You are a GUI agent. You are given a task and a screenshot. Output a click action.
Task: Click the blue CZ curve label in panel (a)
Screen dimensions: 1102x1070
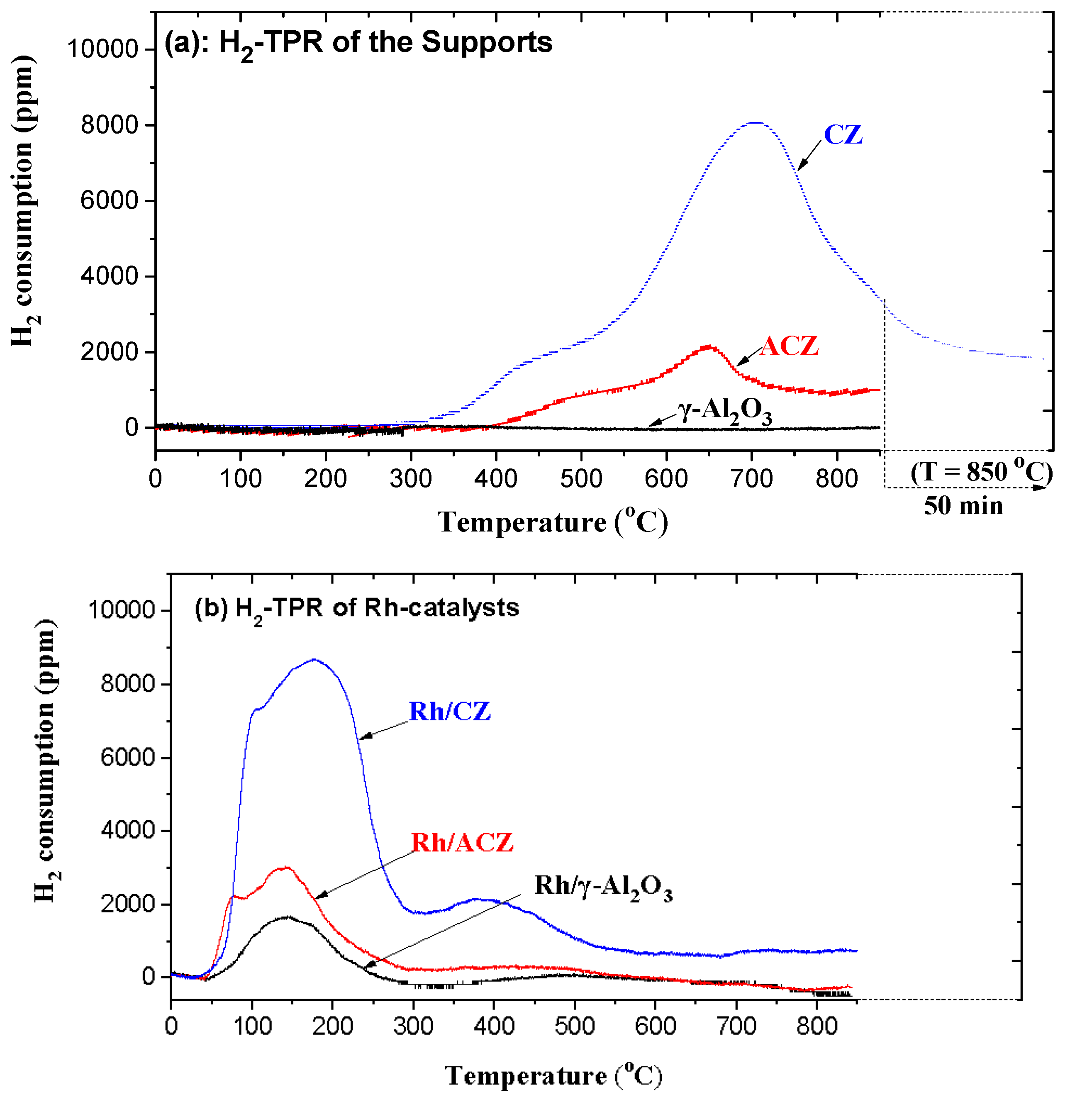click(842, 135)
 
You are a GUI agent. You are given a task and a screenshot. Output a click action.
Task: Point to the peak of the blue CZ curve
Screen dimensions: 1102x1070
click(755, 122)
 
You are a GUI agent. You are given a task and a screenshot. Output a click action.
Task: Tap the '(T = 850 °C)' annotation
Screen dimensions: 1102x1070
click(981, 471)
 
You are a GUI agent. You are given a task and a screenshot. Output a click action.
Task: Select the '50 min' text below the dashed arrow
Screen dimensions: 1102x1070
click(963, 505)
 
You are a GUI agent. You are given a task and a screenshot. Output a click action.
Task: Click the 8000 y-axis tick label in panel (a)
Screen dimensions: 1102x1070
click(109, 125)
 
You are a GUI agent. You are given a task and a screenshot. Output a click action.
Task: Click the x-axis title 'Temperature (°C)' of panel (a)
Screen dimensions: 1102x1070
click(553, 522)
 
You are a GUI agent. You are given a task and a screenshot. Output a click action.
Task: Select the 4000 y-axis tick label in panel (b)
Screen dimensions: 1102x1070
click(128, 830)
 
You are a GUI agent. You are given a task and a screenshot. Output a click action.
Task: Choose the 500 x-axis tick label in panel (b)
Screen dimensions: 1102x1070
click(574, 1026)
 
